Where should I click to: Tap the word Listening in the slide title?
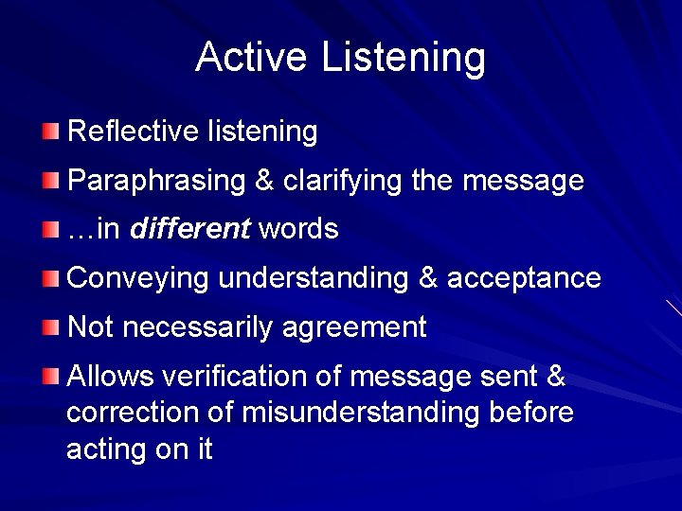coord(404,59)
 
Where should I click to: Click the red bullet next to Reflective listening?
coord(50,131)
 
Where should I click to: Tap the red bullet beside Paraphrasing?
coord(50,180)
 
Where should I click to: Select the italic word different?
coord(189,229)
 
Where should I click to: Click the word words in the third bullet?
coord(298,229)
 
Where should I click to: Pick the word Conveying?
coord(139,278)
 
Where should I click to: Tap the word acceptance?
coord(524,278)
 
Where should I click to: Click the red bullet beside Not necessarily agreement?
coord(50,327)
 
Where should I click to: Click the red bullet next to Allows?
coord(50,377)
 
